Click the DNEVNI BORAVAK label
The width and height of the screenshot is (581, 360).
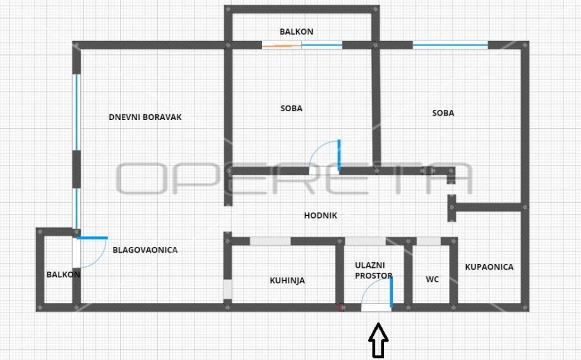click(145, 117)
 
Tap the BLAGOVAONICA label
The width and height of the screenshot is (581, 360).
click(145, 250)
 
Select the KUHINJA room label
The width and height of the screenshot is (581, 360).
click(287, 280)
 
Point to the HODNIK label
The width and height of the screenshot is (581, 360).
click(320, 215)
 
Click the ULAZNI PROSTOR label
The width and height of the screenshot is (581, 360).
click(373, 270)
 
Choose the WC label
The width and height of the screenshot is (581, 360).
click(432, 279)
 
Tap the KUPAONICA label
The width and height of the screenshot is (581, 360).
click(489, 267)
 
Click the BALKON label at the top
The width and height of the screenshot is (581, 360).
click(296, 32)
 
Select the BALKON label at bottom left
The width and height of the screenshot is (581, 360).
click(63, 275)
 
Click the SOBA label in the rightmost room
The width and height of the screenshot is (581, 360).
click(443, 113)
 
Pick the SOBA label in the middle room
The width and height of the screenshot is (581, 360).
click(291, 108)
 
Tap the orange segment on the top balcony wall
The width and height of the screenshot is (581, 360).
click(282, 45)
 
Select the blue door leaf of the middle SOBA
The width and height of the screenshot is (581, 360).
click(339, 155)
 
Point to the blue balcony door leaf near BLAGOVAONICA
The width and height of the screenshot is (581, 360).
click(92, 237)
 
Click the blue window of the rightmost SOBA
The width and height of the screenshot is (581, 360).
click(450, 45)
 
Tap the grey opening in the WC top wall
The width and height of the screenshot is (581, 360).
click(429, 241)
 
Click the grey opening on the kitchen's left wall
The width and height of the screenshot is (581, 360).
click(227, 290)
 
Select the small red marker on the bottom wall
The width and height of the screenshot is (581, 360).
click(342, 308)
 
